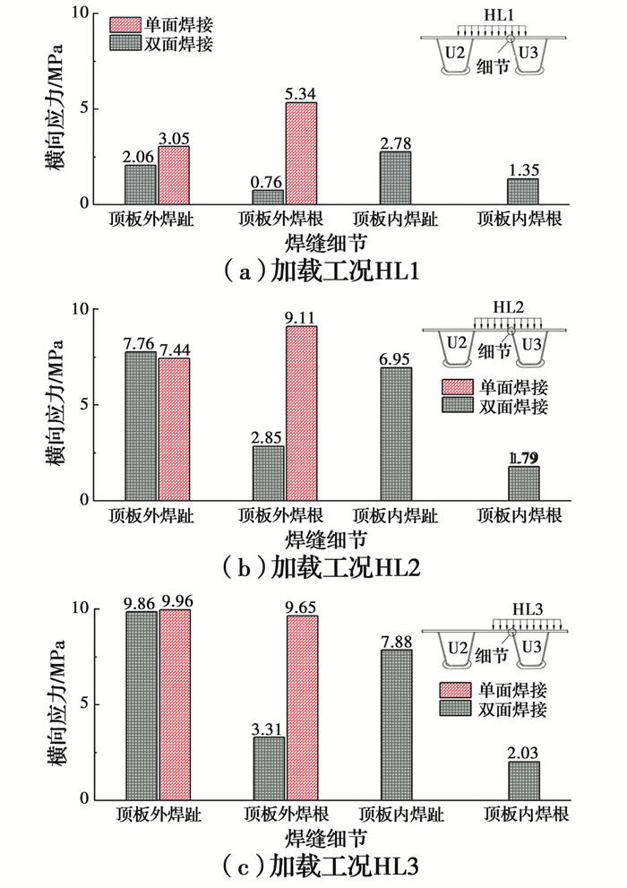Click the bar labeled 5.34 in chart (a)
click(301, 153)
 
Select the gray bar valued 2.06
click(140, 185)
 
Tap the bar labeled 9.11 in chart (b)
click(301, 413)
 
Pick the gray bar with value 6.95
click(396, 434)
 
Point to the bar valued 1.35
click(523, 191)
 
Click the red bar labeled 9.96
click(175, 704)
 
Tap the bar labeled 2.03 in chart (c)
click(523, 780)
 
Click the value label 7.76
click(142, 341)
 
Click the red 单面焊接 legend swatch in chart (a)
click(131, 22)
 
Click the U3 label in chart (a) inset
click(530, 54)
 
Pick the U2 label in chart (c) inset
click(456, 647)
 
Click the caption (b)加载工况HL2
click(313, 566)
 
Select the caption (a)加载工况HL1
click(313, 270)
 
